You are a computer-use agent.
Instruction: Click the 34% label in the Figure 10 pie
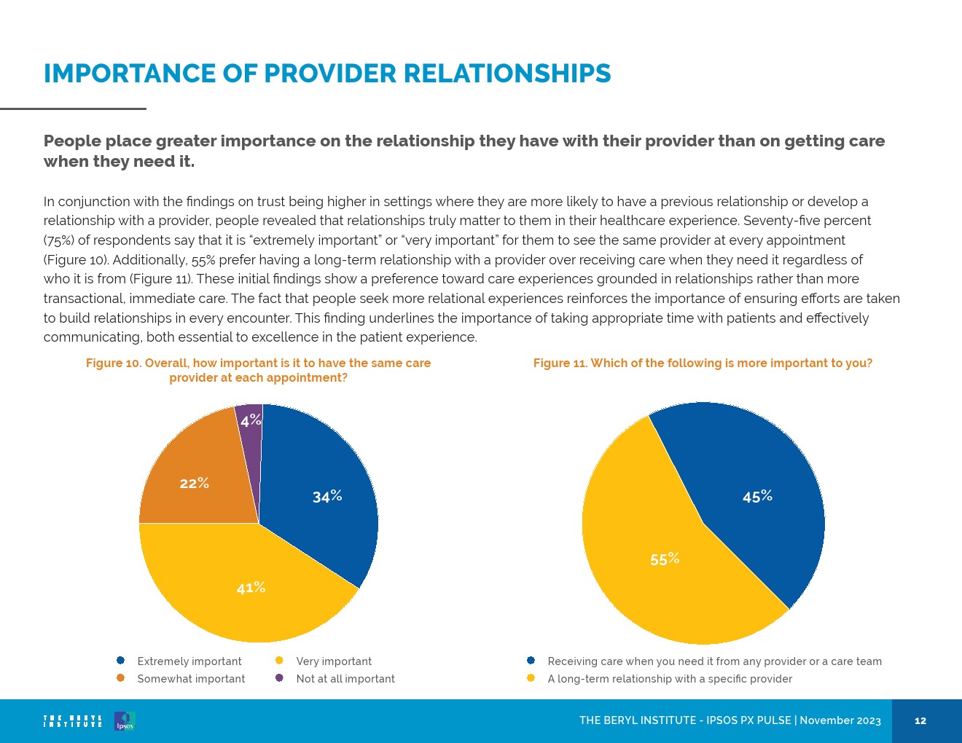click(x=327, y=497)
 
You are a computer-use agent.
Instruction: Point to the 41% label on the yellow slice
click(x=251, y=588)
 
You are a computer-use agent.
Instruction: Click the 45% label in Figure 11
click(x=757, y=497)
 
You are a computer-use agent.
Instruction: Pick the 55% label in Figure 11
click(x=665, y=559)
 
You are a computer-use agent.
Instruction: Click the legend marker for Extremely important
click(x=121, y=661)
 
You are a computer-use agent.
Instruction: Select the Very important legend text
click(x=334, y=661)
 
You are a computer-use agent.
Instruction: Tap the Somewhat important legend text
click(x=191, y=679)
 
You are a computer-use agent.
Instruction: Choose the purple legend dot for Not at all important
click(x=279, y=678)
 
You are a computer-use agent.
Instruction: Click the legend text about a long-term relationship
click(x=670, y=679)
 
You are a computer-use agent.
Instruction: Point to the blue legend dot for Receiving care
click(x=531, y=661)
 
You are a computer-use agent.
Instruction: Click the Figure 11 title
click(x=703, y=363)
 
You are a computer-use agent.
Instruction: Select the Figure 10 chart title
click(x=258, y=370)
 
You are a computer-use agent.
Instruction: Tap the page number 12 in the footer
click(x=920, y=721)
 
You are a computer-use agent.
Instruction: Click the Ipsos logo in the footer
click(x=125, y=721)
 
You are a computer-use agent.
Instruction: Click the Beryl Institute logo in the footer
click(x=73, y=721)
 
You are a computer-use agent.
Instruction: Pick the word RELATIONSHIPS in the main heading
click(x=507, y=74)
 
